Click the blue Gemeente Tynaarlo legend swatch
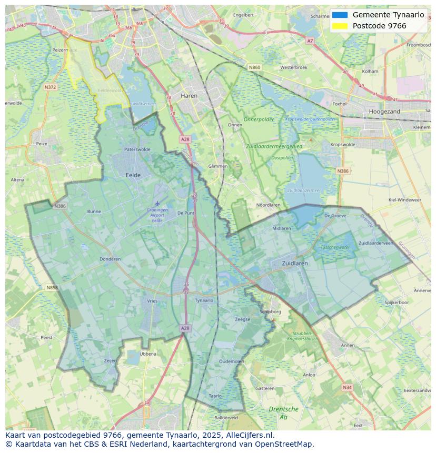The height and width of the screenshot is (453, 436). (x=340, y=15)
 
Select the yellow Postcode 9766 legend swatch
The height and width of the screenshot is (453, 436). (x=340, y=26)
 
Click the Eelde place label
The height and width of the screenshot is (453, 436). (x=133, y=175)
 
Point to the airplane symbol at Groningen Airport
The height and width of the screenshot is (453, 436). (x=157, y=203)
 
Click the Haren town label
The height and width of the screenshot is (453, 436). (x=189, y=96)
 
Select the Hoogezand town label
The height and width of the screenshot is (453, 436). (x=384, y=112)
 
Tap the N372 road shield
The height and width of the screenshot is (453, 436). (x=51, y=87)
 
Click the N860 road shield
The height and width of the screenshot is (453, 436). (x=254, y=67)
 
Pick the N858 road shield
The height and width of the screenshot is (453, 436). (x=52, y=288)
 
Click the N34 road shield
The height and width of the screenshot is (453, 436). (x=346, y=387)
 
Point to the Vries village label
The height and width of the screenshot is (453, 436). (x=152, y=301)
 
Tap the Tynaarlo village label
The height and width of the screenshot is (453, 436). (x=204, y=300)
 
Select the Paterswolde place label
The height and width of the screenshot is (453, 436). (x=137, y=149)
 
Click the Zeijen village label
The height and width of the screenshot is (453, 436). (x=110, y=360)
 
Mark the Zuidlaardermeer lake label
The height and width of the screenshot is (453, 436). (x=304, y=190)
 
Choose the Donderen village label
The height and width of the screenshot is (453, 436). (x=110, y=259)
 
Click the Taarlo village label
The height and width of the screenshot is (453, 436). (x=215, y=396)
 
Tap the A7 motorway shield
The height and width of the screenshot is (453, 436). (x=310, y=41)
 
